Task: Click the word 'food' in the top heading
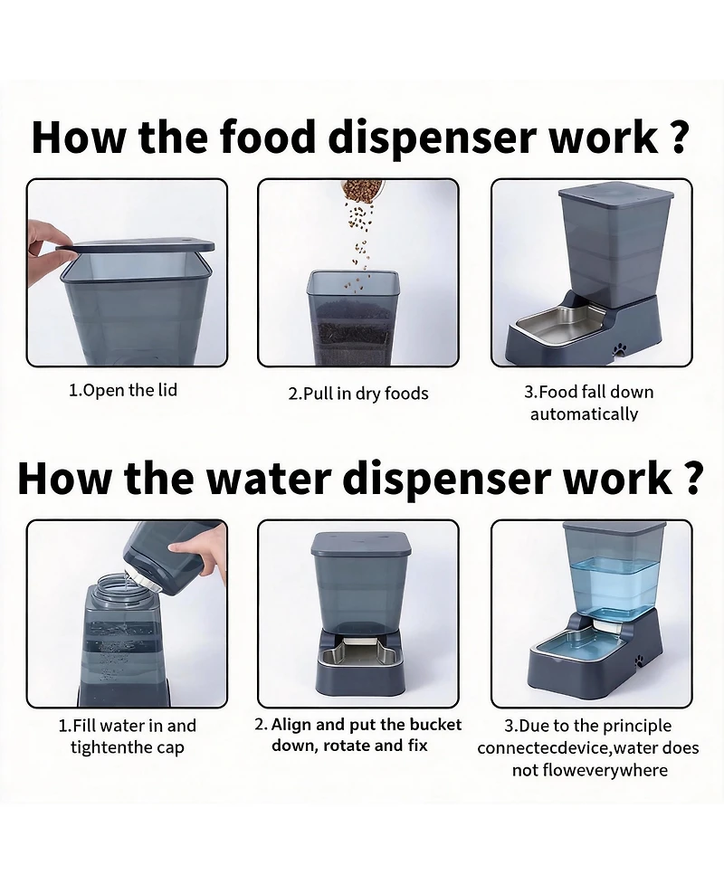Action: pos(267,137)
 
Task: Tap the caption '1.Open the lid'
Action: pos(123,390)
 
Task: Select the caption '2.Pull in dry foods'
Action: pos(358,394)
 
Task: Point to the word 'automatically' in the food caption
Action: pos(584,414)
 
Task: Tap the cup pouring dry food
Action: pos(361,191)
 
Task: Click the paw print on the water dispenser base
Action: pos(640,660)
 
